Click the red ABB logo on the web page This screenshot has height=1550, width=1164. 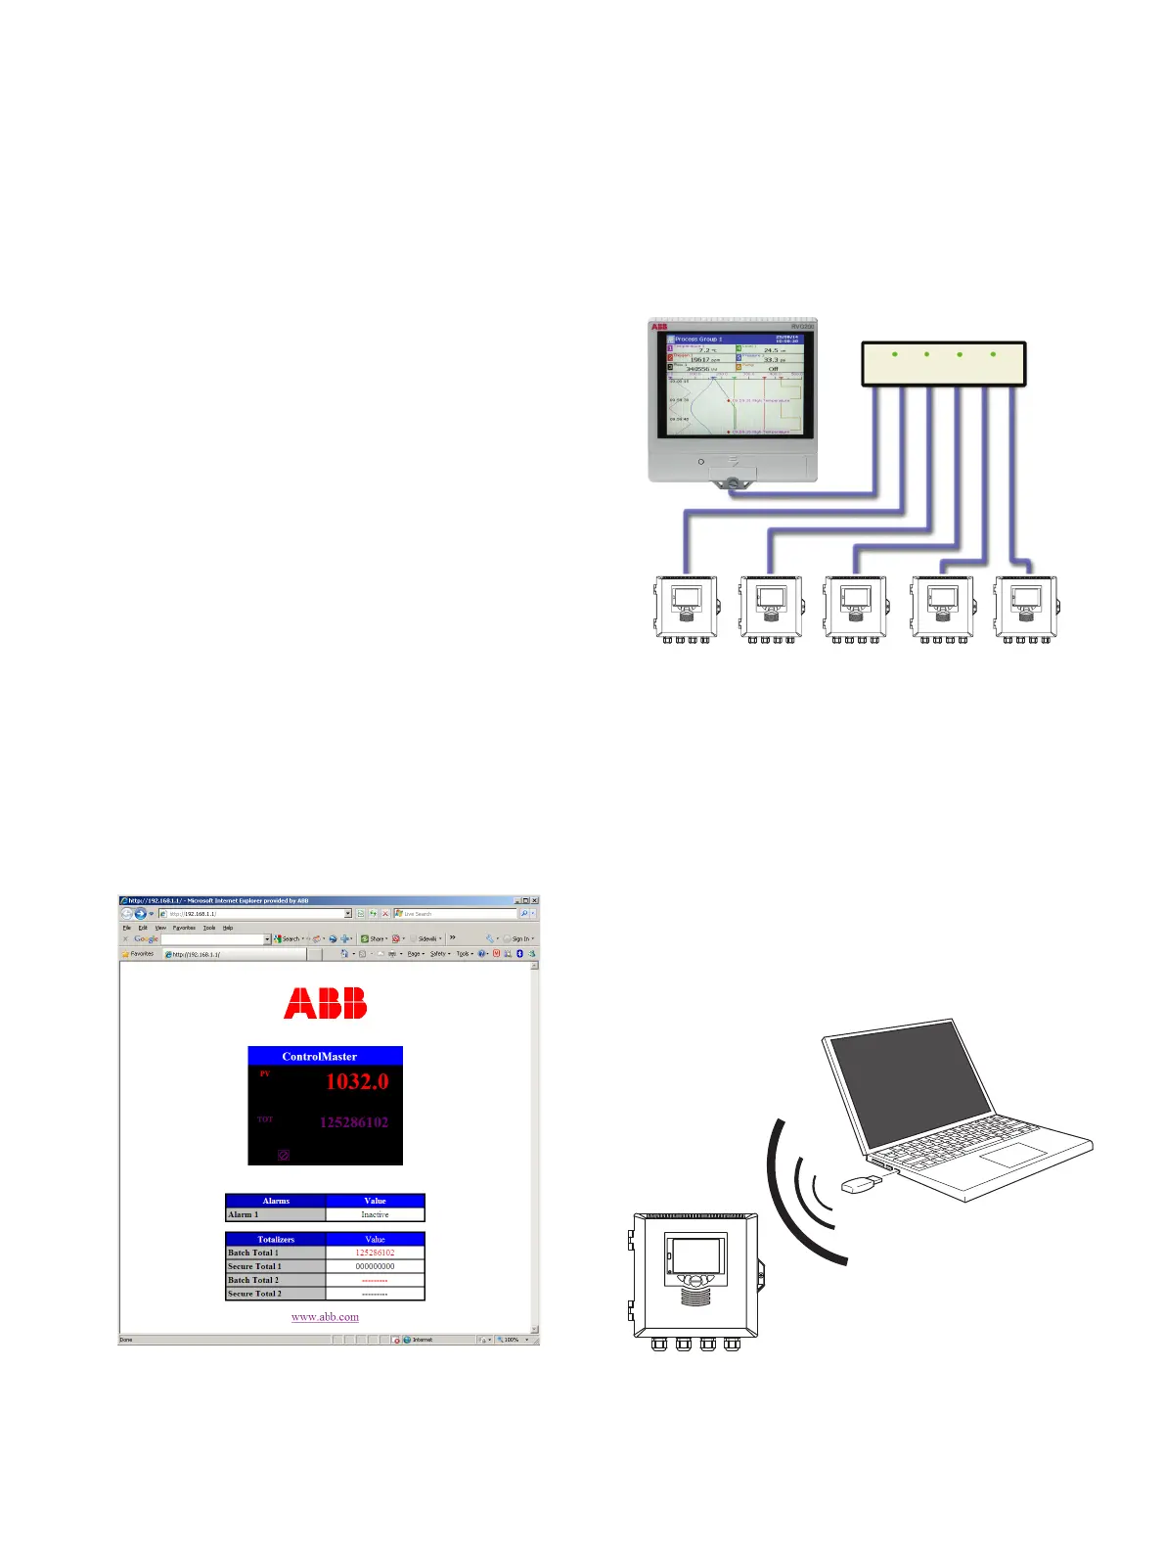click(325, 1003)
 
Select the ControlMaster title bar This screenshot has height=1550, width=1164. click(325, 1056)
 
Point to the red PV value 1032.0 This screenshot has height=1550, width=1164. click(356, 1081)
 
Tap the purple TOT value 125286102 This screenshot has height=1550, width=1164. click(353, 1122)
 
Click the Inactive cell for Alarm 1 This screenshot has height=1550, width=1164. click(375, 1214)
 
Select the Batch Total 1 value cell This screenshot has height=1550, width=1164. click(375, 1253)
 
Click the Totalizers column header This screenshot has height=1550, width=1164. click(275, 1239)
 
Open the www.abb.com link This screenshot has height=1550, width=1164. click(325, 1317)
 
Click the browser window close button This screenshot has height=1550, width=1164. click(534, 900)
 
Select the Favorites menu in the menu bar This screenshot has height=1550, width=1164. click(184, 928)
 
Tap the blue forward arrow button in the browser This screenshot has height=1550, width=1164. click(140, 914)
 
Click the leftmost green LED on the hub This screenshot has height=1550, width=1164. click(895, 353)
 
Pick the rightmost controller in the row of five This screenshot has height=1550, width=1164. click(1025, 609)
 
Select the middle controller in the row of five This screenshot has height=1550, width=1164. click(856, 609)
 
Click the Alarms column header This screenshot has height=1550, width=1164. click(275, 1201)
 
